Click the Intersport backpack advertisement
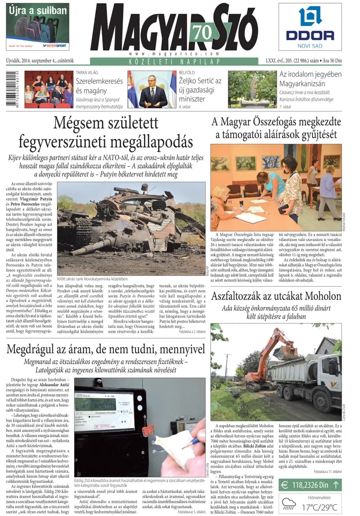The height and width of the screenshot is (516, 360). click(x=38, y=27)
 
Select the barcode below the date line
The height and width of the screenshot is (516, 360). click(x=21, y=89)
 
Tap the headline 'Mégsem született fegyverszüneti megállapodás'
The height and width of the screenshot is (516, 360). click(x=106, y=132)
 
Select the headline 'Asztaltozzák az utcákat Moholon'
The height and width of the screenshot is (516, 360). click(x=276, y=296)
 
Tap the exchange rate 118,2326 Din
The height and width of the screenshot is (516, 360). click(x=310, y=485)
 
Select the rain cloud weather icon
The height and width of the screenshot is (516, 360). click(x=288, y=504)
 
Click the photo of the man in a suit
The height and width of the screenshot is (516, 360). click(x=152, y=89)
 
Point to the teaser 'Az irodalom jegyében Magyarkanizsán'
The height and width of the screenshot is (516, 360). click(x=310, y=80)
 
